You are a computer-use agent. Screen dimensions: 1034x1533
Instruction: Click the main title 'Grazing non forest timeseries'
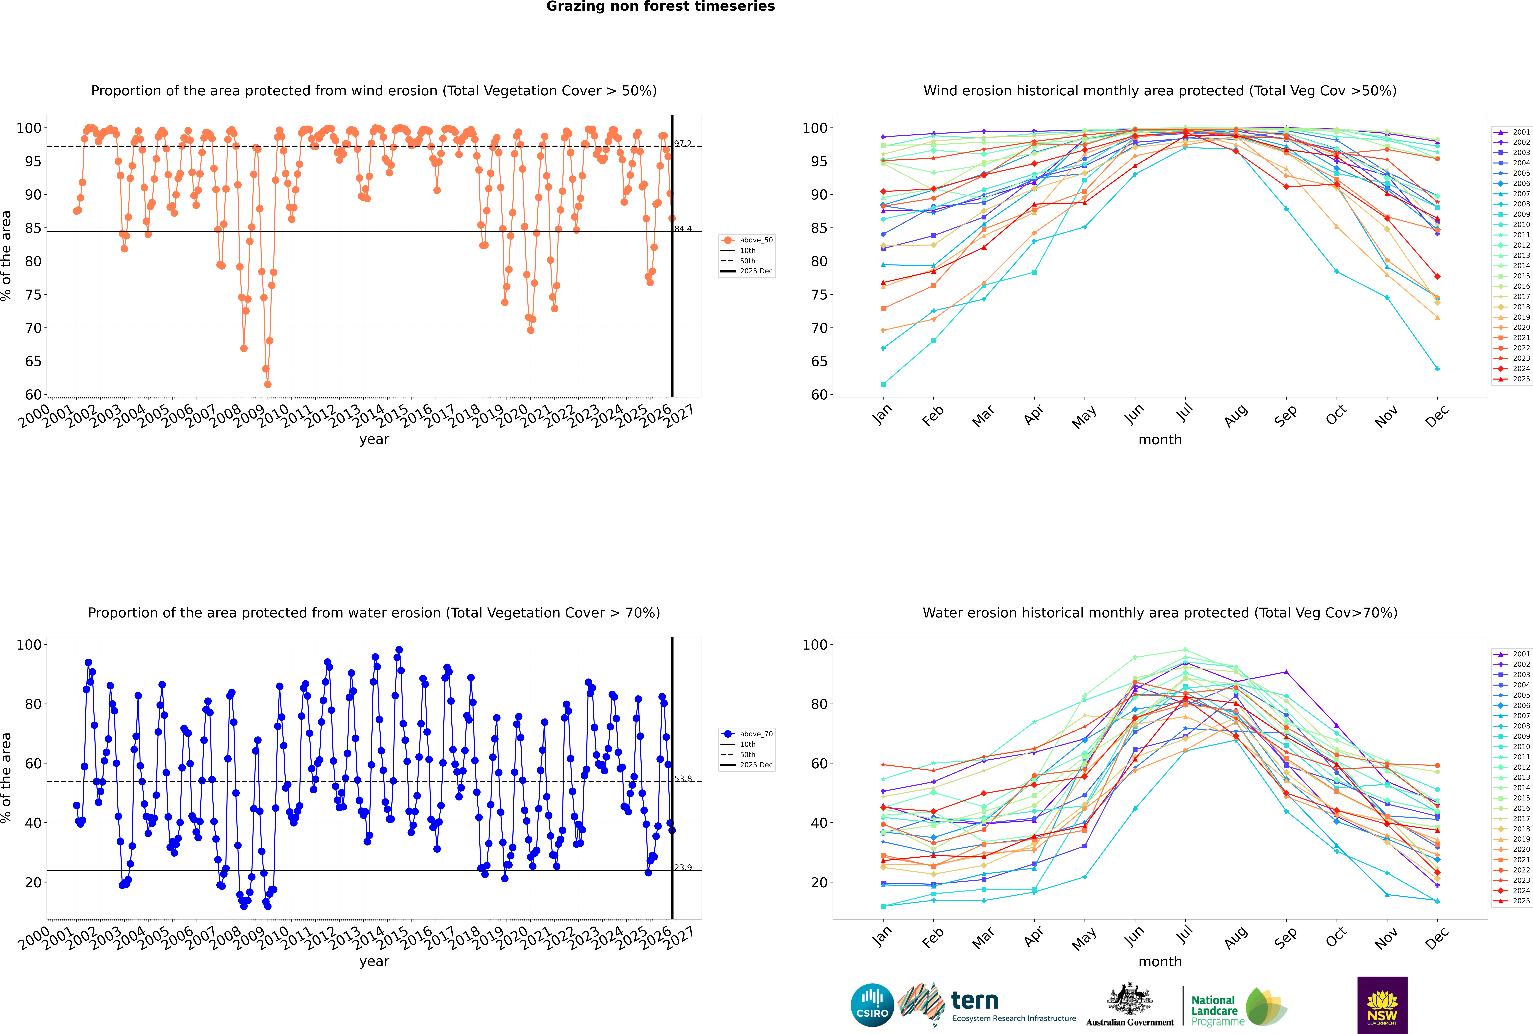coord(660,7)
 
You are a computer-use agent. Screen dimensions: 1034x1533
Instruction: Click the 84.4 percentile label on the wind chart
coord(683,229)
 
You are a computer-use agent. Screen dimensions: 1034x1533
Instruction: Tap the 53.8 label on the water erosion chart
coord(683,779)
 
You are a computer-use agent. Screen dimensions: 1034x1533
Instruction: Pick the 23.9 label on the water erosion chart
coord(683,867)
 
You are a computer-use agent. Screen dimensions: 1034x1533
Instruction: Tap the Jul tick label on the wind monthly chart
coord(1184,414)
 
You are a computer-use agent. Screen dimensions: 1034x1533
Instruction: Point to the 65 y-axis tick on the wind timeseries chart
coord(33,361)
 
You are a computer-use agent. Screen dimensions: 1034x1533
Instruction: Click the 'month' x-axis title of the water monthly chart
coord(1160,961)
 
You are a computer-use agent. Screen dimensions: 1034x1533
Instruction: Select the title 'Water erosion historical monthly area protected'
coord(1160,613)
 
